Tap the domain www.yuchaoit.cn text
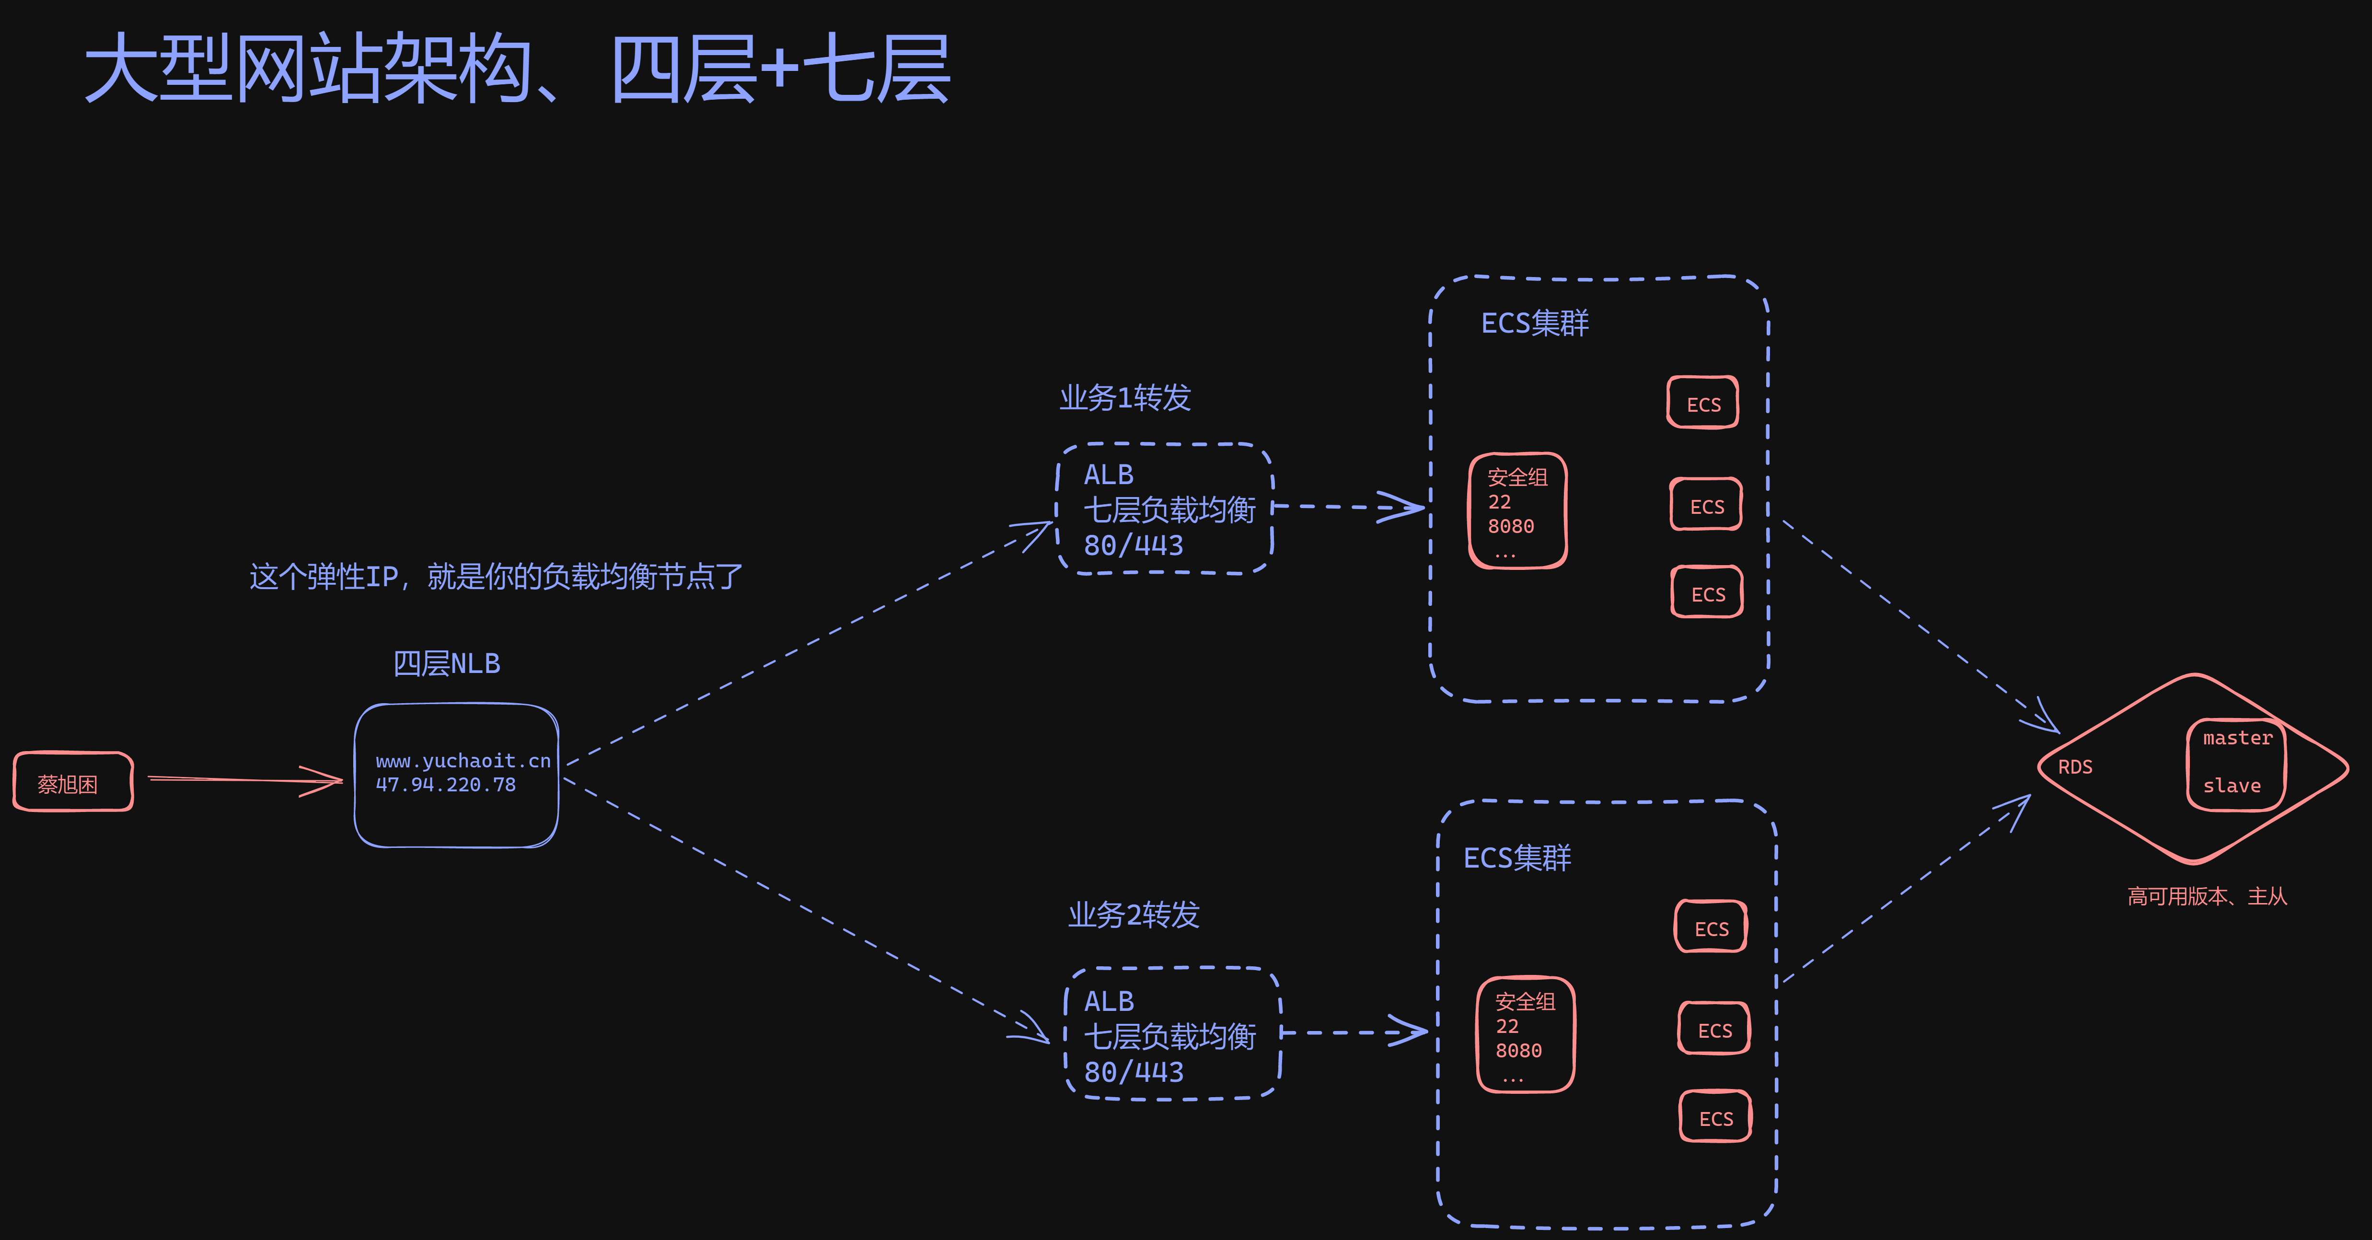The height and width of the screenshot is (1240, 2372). [462, 760]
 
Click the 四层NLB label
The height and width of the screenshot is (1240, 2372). [447, 663]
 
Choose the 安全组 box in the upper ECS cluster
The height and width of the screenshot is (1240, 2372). [1517, 511]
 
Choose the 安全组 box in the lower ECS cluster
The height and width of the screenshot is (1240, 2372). [1525, 1035]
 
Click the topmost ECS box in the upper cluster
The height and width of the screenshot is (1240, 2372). [1702, 403]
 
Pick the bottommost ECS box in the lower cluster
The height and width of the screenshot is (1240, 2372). [1715, 1118]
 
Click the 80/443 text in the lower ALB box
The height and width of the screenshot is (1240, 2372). [1134, 1072]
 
